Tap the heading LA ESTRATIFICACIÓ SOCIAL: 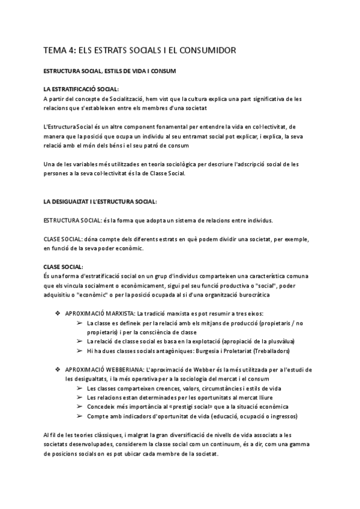click(81, 89)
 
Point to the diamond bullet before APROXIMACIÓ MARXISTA click(58, 314)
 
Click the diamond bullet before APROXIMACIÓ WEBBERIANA click(58, 369)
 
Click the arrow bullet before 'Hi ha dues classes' click(80, 351)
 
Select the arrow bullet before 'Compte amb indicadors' click(80, 416)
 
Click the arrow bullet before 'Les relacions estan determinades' click(80, 397)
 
